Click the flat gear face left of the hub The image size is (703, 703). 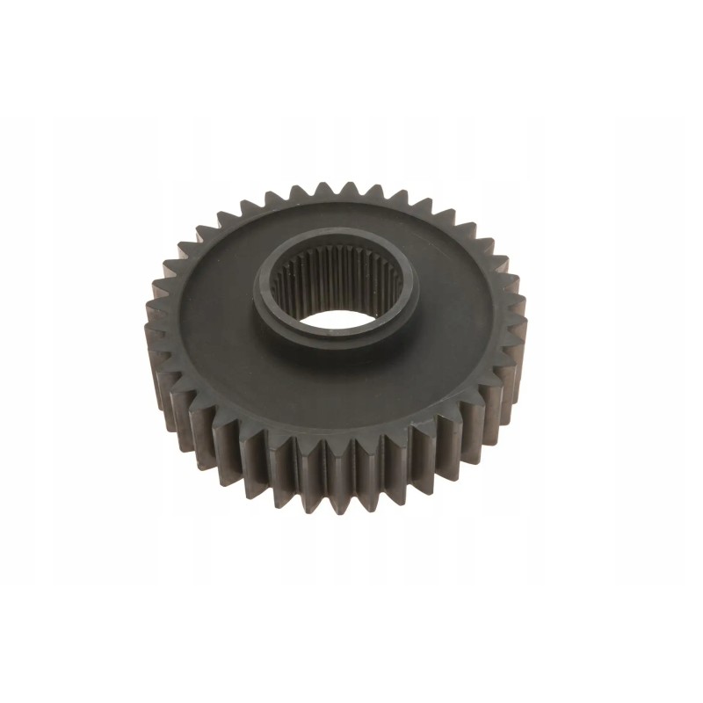[x=207, y=303]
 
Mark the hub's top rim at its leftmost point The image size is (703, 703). [x=261, y=290]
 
